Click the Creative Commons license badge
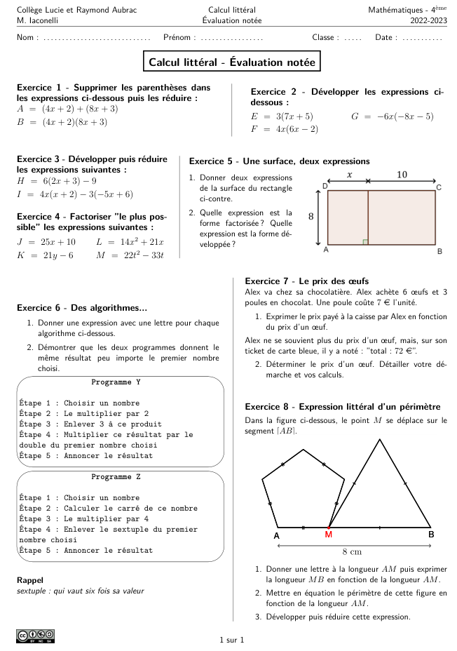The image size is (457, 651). pos(35,636)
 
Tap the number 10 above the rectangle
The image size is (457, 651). pos(402,174)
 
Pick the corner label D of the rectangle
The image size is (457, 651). pos(325,186)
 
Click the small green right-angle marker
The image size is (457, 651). pos(365,242)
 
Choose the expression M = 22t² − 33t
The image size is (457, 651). pos(130,255)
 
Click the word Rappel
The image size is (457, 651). pos(29,580)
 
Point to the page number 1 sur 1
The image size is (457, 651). pos(232,640)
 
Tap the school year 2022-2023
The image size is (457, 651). pos(428,21)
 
